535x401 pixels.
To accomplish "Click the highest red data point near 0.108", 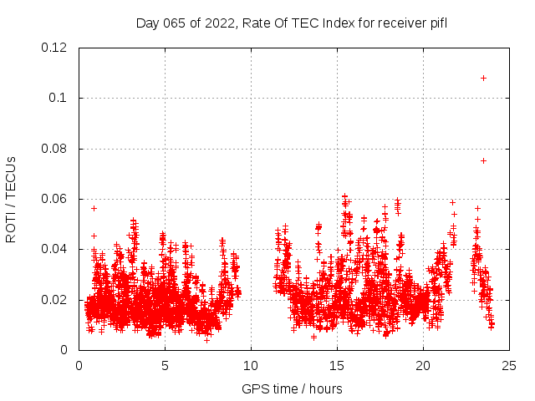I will (x=483, y=78).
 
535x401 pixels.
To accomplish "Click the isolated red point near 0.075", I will (x=483, y=160).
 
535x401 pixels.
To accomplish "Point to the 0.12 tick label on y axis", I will (x=55, y=48).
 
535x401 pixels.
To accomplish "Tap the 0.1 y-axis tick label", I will (x=59, y=98).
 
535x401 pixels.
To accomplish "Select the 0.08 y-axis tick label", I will (x=55, y=149).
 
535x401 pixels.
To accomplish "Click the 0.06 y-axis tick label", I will (x=55, y=199).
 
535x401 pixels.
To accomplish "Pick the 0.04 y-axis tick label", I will (x=55, y=249).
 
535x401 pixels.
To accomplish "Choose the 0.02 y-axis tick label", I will (x=55, y=300).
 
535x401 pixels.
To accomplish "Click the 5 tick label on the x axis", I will (x=165, y=365).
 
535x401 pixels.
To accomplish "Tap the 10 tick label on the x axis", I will (x=251, y=365).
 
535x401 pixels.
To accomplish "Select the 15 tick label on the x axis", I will (x=337, y=365).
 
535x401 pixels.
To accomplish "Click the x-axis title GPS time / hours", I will (x=293, y=388).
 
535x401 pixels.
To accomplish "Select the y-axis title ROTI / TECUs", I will (x=11, y=199).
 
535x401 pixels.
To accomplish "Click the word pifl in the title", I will (x=439, y=23).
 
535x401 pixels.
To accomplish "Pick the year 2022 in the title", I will (x=221, y=23).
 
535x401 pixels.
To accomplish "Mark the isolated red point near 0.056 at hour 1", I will (x=94, y=208).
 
